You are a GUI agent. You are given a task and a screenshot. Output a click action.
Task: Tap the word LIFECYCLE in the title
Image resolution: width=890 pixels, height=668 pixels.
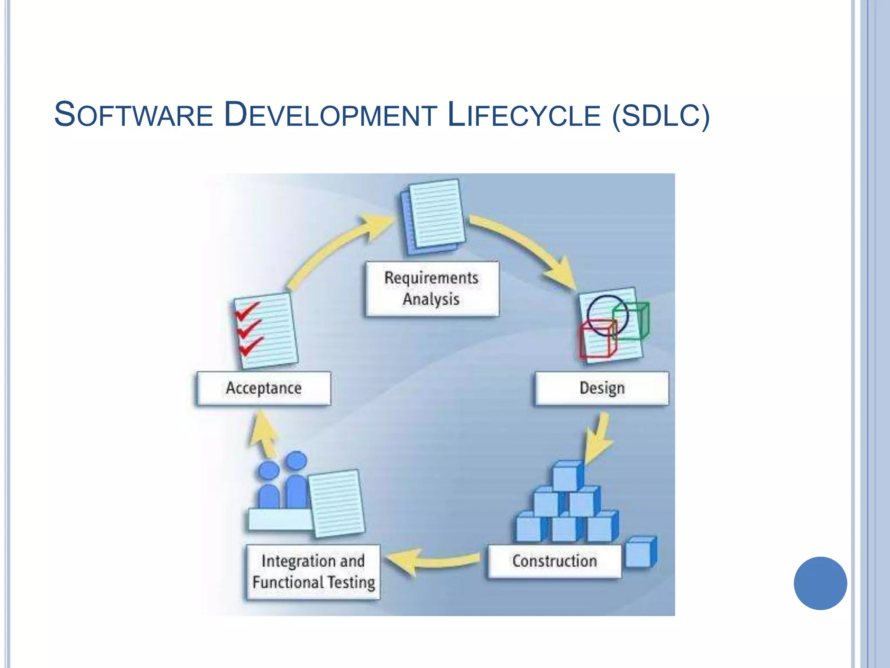[x=524, y=115]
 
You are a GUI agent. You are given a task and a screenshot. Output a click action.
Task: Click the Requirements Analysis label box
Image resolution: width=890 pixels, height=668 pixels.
[x=432, y=289]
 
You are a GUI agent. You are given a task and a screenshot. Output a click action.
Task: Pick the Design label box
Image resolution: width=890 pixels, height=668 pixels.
[x=602, y=388]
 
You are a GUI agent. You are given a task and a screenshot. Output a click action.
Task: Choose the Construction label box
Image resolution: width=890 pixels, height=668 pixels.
[x=555, y=561]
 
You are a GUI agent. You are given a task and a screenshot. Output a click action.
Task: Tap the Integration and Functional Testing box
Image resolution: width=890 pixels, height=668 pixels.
[x=313, y=572]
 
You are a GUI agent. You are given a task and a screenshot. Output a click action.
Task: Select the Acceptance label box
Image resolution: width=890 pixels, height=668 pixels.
[x=264, y=388]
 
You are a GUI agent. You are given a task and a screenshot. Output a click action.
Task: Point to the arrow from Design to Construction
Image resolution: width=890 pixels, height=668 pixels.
[x=600, y=437]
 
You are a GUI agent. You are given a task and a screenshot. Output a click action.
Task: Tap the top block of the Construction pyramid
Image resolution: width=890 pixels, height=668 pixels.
[x=567, y=476]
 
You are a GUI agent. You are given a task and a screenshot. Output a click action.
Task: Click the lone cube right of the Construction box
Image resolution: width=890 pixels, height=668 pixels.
[x=640, y=552]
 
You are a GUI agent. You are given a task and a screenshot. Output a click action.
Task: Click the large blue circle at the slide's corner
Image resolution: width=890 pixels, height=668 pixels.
[x=820, y=583]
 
